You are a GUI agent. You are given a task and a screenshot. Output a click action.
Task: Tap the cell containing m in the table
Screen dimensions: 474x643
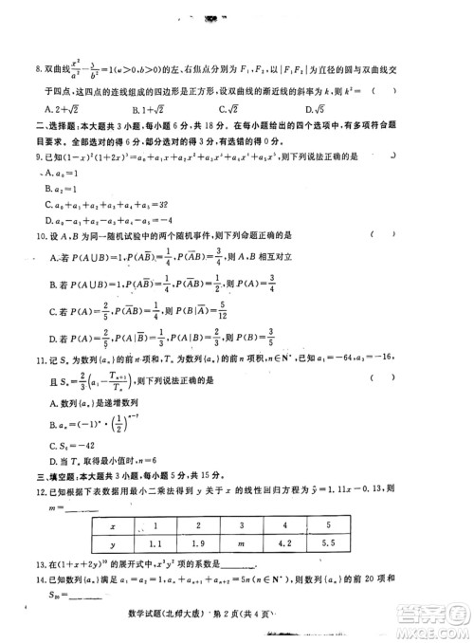click(290, 545)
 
